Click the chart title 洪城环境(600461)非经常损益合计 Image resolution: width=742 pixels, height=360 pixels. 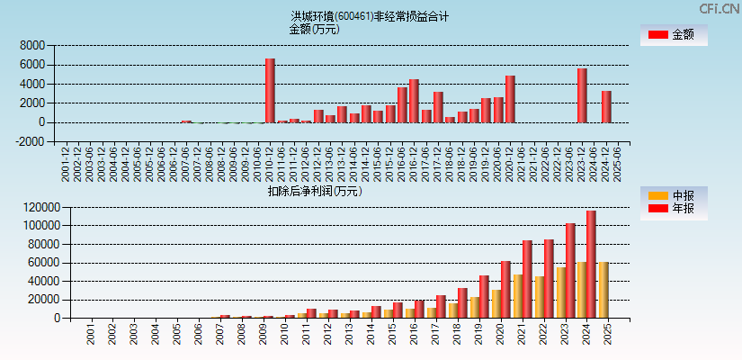click(x=370, y=16)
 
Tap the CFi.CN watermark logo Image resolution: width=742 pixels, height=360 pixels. click(x=720, y=8)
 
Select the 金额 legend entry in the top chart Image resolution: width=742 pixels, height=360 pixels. click(x=674, y=35)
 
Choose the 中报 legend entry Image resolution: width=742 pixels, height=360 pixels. click(x=674, y=195)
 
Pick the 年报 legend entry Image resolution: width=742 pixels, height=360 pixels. click(x=674, y=209)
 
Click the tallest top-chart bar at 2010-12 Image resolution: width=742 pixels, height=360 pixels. click(x=270, y=90)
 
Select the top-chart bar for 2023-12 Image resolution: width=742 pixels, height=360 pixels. click(x=582, y=95)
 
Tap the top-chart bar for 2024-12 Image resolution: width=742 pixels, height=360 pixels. click(x=606, y=106)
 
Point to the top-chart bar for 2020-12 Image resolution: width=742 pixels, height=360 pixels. click(x=510, y=99)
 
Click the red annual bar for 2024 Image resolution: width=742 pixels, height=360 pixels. click(x=591, y=264)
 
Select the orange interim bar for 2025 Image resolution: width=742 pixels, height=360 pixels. click(x=603, y=290)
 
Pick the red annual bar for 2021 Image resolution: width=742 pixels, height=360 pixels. click(x=526, y=279)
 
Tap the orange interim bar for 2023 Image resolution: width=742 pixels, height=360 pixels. click(x=561, y=292)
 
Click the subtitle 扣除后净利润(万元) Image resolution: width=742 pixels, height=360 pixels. click(x=314, y=191)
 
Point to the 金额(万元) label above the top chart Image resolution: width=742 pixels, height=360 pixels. click(x=314, y=29)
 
